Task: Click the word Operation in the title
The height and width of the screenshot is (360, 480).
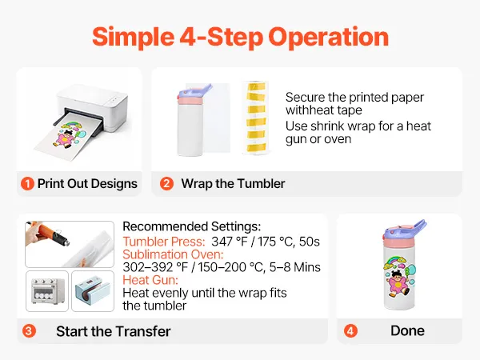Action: (x=329, y=38)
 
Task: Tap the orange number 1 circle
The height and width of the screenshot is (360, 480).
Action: (x=27, y=184)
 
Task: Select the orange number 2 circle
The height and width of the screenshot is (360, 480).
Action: (x=166, y=184)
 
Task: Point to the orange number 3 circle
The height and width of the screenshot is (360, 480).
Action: (x=29, y=331)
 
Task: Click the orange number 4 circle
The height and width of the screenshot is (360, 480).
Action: (x=350, y=331)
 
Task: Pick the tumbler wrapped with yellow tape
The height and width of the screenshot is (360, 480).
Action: (x=256, y=118)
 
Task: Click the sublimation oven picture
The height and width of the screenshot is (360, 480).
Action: (x=48, y=291)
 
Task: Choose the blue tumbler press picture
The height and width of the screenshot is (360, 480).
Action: (x=93, y=291)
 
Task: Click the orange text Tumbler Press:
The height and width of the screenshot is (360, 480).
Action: (x=164, y=242)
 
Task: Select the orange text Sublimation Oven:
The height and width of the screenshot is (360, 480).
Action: (x=173, y=254)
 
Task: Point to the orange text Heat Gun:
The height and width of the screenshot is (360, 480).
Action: (x=150, y=280)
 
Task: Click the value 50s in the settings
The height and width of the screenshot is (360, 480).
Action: (x=309, y=242)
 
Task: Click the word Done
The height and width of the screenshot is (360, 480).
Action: (x=407, y=330)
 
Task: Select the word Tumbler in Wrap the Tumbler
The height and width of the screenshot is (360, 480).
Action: (x=261, y=184)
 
